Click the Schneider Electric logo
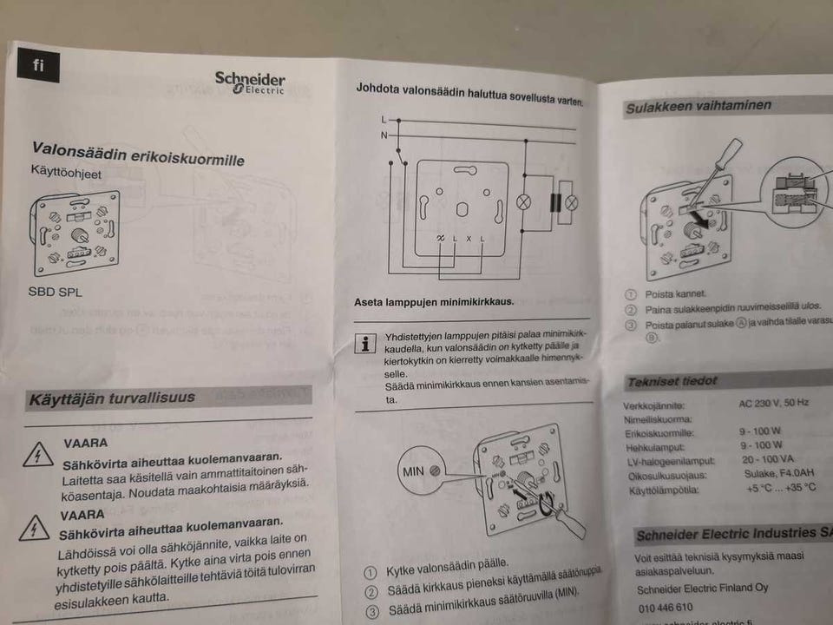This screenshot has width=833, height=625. click(250, 82)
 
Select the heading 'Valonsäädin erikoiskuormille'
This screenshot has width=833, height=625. click(138, 154)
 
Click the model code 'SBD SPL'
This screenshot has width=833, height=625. click(56, 292)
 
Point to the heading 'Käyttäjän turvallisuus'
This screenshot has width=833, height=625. click(112, 398)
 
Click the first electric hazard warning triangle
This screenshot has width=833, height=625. click(37, 454)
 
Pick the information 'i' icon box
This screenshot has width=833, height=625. click(368, 344)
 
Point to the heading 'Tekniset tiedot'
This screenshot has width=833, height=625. click(672, 381)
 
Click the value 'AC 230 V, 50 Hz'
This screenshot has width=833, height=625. click(774, 403)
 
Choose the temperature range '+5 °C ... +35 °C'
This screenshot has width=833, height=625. click(780, 487)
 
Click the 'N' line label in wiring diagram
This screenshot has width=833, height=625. click(384, 135)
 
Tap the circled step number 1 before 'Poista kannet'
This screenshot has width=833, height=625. click(631, 295)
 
